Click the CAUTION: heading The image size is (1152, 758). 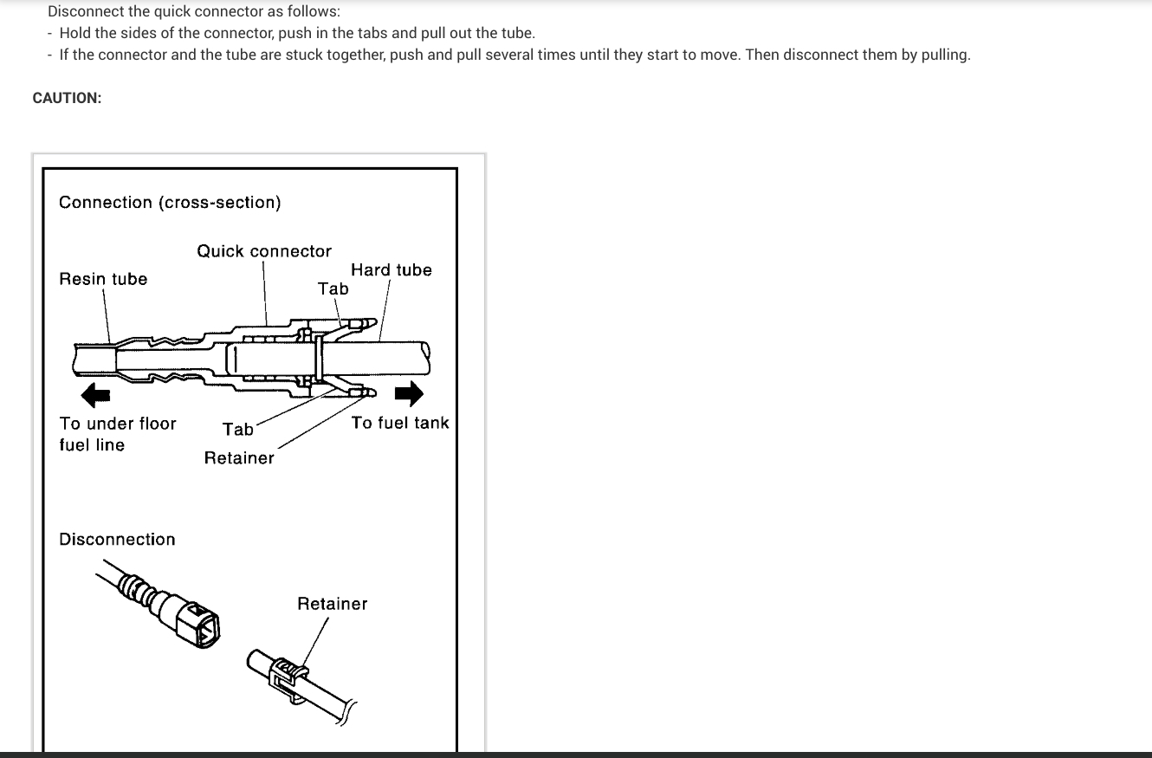tap(67, 98)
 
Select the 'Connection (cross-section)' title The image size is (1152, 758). tap(170, 203)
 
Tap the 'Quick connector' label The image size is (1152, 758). tap(264, 251)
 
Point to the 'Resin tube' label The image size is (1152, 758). tap(103, 279)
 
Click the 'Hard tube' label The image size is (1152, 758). tap(391, 270)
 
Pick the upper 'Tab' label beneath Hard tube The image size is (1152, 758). tap(333, 289)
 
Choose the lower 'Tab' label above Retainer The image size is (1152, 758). tap(238, 430)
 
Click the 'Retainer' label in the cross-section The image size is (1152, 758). tap(239, 458)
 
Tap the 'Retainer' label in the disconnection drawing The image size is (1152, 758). tap(332, 604)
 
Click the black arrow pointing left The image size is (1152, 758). tap(95, 395)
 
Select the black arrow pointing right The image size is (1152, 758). tap(409, 394)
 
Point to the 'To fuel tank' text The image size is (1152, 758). tap(400, 423)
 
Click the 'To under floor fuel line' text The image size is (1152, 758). tap(117, 434)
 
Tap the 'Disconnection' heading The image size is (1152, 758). tap(117, 540)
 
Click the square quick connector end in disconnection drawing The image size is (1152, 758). tap(198, 625)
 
